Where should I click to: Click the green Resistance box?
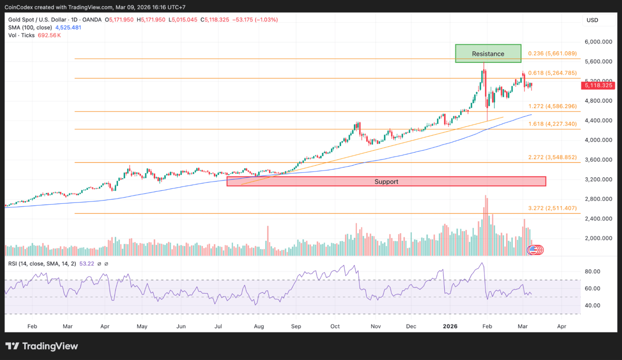coord(488,53)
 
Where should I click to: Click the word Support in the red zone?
coord(386,181)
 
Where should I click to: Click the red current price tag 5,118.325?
coord(599,85)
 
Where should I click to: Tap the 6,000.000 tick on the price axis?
coord(599,42)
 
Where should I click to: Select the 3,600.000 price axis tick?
coord(599,160)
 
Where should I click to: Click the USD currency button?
coord(592,20)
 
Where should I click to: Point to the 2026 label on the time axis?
coord(450,326)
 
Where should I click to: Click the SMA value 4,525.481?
coord(68,28)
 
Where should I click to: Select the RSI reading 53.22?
coord(86,263)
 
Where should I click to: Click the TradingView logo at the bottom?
coord(42,346)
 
